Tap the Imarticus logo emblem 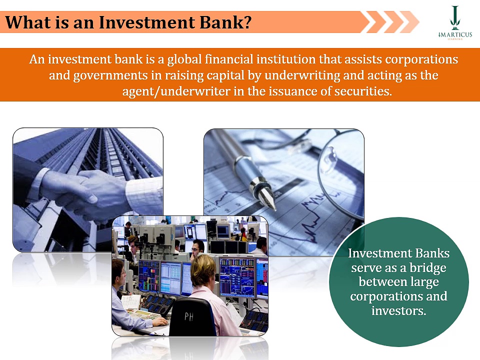(454, 17)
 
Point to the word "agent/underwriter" (179, 92)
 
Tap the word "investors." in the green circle (398, 310)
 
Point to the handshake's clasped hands (95, 192)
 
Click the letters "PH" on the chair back (188, 316)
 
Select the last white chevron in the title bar (409, 22)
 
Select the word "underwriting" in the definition (300, 76)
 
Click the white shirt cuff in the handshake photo (142, 190)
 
